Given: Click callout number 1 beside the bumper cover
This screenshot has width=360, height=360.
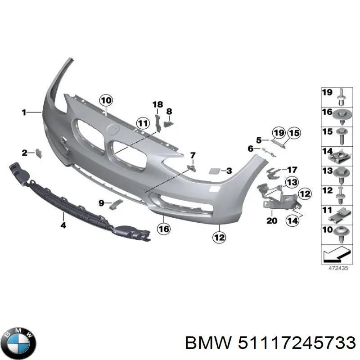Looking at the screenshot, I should pos(24,112).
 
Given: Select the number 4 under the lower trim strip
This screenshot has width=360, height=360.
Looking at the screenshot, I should pos(63,225).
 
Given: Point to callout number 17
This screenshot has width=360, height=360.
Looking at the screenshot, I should pos(292,170).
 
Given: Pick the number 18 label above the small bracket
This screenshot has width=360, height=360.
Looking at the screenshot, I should pos(157,105).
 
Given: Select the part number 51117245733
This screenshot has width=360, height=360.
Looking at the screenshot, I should pos(295,343).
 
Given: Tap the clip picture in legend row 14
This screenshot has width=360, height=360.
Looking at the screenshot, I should pos(340,155).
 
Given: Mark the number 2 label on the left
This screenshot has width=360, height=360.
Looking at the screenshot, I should pos(25,153).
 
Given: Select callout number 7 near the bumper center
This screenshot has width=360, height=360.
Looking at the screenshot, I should pos(193,156).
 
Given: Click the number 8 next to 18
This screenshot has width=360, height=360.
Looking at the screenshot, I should pos(169,111).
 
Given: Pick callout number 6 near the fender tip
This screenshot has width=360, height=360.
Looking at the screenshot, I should pos(251,148).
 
